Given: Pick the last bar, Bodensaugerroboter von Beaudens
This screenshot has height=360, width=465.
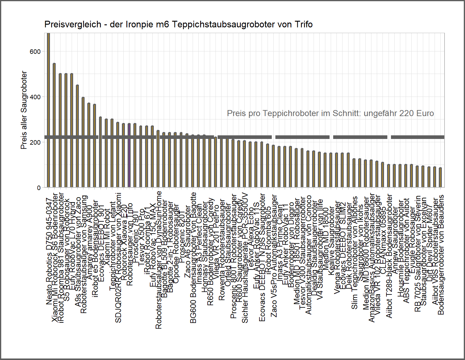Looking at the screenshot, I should coord(441,177).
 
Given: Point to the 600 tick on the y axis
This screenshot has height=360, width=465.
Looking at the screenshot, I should coord(35,52).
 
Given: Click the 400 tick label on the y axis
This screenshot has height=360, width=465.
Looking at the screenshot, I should coord(35,97).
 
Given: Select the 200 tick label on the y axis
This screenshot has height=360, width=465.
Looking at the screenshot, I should coord(35,143).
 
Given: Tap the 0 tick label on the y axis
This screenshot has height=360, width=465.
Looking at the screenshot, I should coord(39,188).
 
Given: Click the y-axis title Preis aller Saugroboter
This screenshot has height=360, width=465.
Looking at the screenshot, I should coord(24,110).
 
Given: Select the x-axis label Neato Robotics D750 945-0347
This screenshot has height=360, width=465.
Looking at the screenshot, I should coord(49,251).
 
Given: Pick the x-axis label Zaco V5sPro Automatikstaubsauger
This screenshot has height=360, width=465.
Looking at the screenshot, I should coord(274,256).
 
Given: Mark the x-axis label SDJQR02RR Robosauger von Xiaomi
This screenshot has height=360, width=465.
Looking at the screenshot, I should coord(118,257).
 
